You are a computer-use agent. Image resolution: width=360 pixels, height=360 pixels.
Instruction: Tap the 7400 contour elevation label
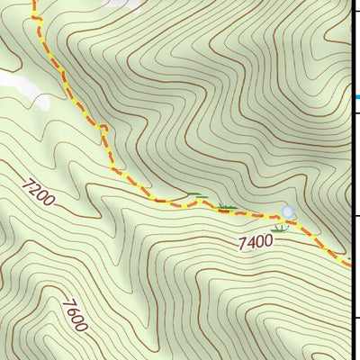(x=256, y=241)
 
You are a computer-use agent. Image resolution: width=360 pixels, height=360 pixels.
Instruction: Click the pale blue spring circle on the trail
(x=288, y=212)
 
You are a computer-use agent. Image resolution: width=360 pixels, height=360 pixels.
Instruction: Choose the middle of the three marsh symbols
(x=227, y=208)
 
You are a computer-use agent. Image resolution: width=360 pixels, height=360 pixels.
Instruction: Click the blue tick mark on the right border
(x=356, y=96)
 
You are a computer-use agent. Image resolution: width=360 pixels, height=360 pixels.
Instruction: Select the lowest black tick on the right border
(x=356, y=318)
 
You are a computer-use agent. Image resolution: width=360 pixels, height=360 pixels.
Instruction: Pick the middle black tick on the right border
(x=356, y=216)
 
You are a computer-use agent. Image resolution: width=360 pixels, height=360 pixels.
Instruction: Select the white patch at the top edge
(x=126, y=4)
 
